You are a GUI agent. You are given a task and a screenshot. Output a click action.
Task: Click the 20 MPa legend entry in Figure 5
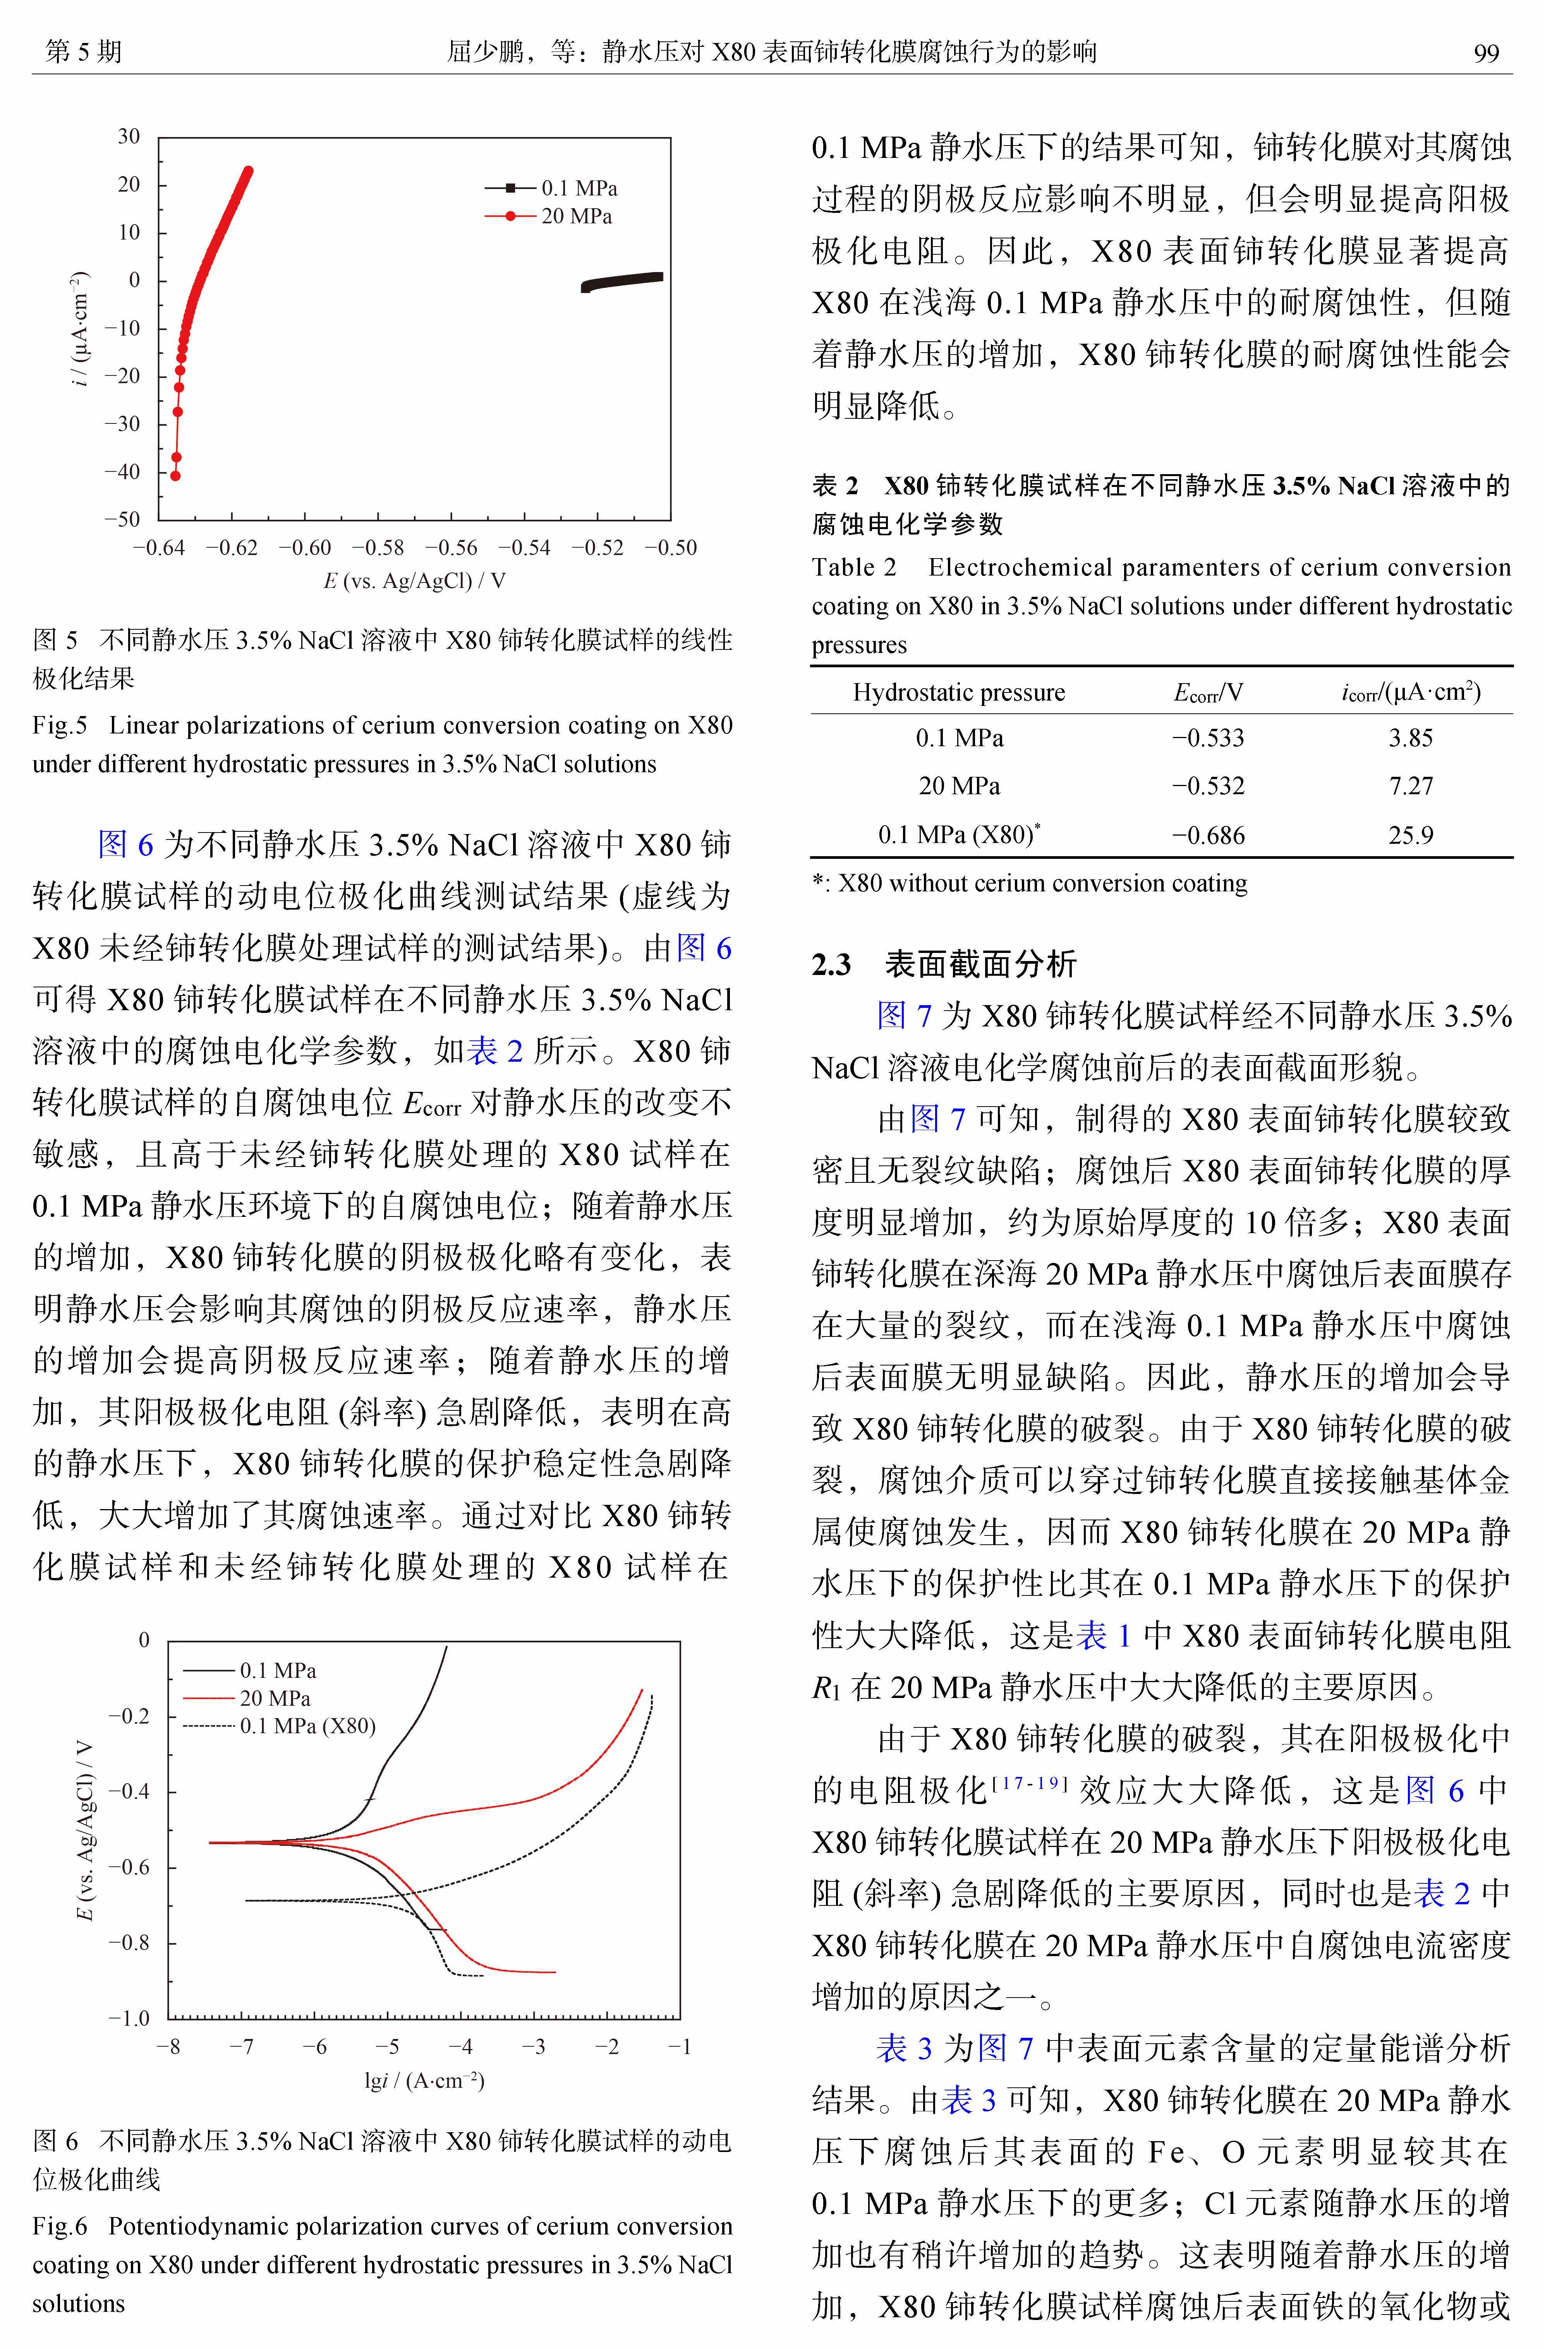point(575,216)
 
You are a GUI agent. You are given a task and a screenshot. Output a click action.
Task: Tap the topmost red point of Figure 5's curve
point(248,171)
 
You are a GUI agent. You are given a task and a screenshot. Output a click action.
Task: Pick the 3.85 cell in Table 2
point(1410,738)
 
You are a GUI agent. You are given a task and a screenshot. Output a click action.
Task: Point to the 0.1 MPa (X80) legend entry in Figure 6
point(307,1726)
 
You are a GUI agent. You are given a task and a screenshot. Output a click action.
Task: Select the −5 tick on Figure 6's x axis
point(387,2047)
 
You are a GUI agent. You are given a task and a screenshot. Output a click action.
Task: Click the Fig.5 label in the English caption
point(59,725)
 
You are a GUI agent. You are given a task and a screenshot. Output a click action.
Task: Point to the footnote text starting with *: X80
point(1029,883)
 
